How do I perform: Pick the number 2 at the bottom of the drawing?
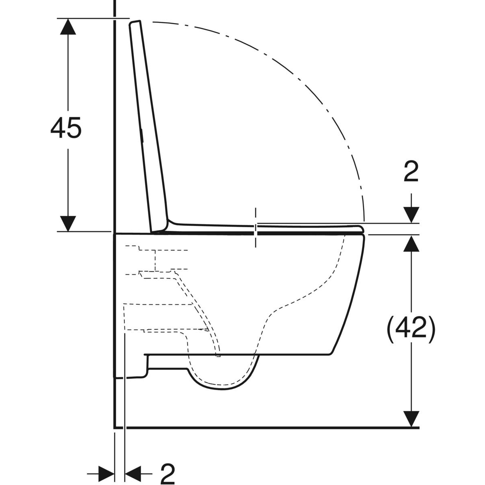click(x=167, y=473)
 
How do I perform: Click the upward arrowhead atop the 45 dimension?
click(x=68, y=26)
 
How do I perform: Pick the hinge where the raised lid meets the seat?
click(x=164, y=226)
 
